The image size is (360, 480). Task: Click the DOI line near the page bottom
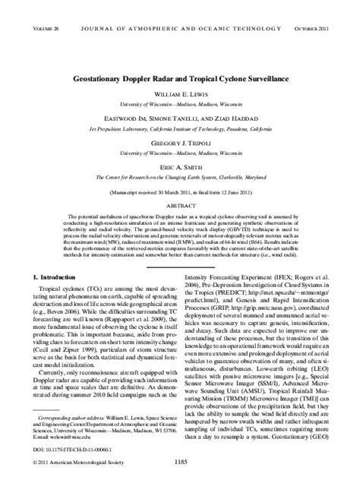(69, 448)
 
